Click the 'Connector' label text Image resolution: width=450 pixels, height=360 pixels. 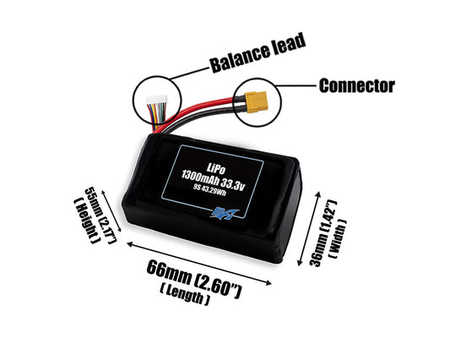click(356, 85)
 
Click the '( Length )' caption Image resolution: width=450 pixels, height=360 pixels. click(184, 295)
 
